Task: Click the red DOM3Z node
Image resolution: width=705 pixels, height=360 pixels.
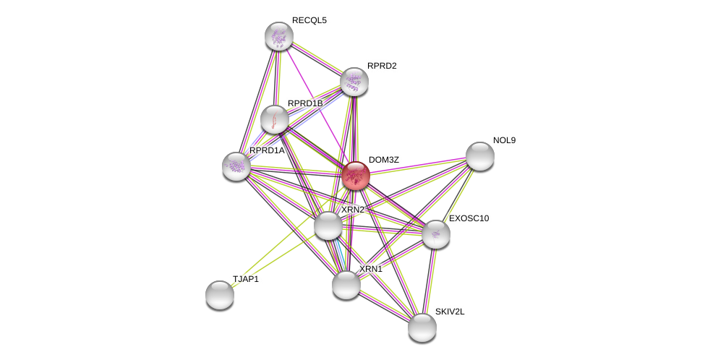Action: (356, 176)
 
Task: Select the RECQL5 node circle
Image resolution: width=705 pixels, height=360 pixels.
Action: (278, 36)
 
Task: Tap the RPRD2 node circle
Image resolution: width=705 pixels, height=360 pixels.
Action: (354, 82)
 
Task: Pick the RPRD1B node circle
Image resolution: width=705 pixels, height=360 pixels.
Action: (275, 119)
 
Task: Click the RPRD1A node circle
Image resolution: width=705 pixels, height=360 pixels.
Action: (236, 166)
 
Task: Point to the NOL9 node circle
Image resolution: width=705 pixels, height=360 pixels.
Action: (480, 156)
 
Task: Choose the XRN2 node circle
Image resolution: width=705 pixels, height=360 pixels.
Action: (328, 226)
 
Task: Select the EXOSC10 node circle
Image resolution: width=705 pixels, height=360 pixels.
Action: (436, 234)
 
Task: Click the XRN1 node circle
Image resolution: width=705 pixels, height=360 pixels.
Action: (346, 285)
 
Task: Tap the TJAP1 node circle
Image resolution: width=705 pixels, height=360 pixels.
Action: (220, 295)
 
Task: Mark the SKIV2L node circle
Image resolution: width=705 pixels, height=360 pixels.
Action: (422, 327)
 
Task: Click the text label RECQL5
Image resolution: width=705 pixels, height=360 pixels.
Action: (309, 20)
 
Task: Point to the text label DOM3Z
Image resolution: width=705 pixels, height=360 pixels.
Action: (383, 160)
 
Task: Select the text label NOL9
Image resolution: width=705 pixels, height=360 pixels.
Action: (504, 140)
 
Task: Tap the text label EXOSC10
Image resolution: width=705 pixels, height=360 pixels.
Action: (469, 218)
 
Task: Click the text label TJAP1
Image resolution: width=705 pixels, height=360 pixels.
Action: (245, 279)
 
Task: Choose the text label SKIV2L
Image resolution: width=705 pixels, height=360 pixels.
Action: (450, 312)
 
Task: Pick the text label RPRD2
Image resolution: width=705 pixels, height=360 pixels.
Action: (382, 66)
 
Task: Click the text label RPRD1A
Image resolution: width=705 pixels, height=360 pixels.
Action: (267, 150)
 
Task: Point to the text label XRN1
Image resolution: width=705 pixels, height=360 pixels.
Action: (371, 269)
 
